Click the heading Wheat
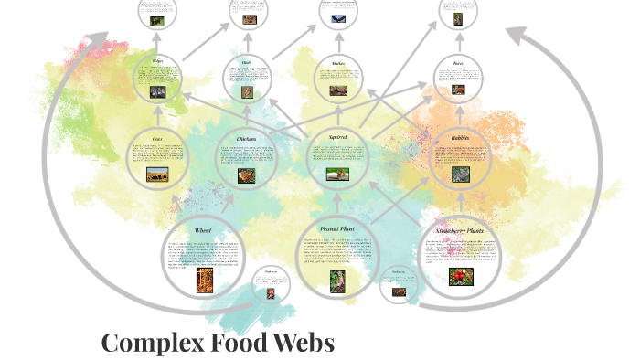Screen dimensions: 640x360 tap(203, 230)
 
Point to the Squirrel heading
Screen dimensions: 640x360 tap(337, 137)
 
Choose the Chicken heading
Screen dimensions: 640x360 tap(247, 138)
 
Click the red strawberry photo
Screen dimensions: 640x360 tap(461, 273)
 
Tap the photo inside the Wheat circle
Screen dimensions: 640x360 tap(202, 278)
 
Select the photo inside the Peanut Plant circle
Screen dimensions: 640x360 tap(336, 280)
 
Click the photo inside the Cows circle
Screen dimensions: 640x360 tap(157, 174)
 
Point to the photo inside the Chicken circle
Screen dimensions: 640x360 tap(247, 175)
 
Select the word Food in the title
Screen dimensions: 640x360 tap(240, 343)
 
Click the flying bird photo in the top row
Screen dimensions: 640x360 tap(332, 16)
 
